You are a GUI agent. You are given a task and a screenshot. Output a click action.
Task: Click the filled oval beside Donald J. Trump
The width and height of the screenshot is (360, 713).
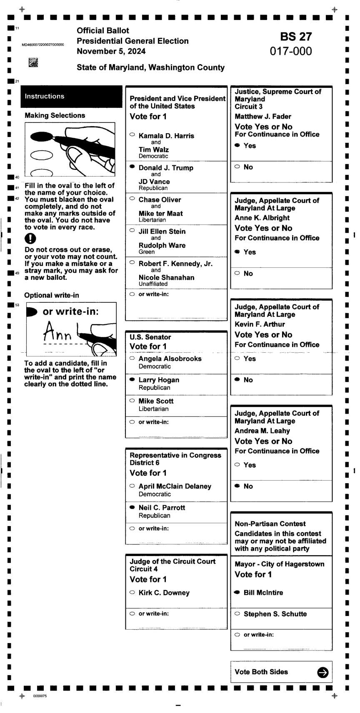pos(132,167)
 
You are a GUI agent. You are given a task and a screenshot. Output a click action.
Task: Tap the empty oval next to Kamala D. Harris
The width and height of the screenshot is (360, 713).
pos(132,135)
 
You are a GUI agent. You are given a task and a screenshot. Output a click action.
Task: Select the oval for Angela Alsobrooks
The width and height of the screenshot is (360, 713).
pos(132,358)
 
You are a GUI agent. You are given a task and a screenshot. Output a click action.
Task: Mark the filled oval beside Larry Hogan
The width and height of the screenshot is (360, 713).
pos(132,379)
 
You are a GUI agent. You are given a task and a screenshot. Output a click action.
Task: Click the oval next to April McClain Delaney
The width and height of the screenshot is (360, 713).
pos(132,486)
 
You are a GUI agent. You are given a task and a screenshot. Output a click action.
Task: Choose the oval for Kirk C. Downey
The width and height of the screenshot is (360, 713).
pos(132,592)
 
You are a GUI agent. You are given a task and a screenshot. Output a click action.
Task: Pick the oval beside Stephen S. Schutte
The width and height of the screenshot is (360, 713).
pos(237,613)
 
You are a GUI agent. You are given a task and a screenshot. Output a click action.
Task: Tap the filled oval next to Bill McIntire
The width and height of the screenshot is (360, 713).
pos(237,592)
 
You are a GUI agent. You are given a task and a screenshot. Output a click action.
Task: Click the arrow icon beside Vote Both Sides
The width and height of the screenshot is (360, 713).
pos(322,672)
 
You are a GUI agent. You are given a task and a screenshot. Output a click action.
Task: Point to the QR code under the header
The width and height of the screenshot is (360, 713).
pos(33,63)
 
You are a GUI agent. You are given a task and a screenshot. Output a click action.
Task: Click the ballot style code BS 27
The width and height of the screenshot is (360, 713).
pos(296,37)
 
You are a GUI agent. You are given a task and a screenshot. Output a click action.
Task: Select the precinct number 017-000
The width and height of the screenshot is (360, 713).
pos(291,51)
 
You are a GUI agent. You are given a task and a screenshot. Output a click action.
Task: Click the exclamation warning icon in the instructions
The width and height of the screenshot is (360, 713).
pos(30,239)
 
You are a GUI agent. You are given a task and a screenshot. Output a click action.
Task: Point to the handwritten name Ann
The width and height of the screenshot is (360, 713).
pos(57,332)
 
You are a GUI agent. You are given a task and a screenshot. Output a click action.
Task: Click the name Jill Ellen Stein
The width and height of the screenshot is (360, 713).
pos(162,232)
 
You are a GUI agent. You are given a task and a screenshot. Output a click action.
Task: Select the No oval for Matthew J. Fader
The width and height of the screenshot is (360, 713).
pos(237,167)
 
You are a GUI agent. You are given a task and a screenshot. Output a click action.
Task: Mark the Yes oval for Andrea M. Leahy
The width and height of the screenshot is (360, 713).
pos(237,464)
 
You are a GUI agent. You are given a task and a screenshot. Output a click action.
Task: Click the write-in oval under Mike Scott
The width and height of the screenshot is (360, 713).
pos(132,422)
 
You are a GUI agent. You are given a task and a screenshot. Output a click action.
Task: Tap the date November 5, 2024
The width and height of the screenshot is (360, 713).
pos(111,51)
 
